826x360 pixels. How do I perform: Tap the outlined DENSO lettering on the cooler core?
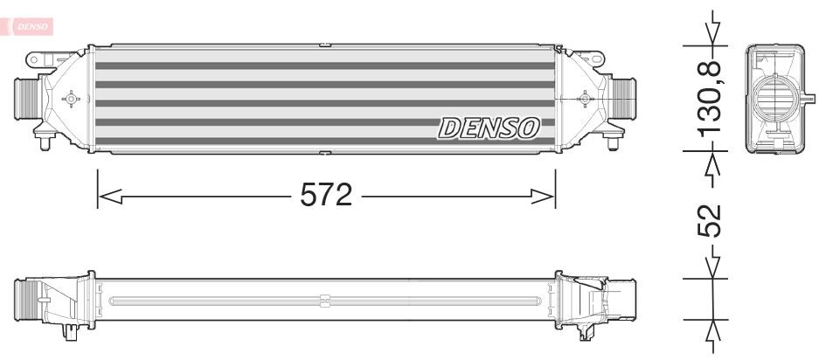[489, 128]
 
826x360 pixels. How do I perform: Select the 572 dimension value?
[325, 195]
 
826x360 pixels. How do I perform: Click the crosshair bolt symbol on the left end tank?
[71, 99]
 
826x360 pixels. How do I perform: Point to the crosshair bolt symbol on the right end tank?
[584, 99]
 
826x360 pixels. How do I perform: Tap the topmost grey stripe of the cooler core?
[324, 66]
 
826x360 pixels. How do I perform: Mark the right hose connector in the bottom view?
[622, 297]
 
